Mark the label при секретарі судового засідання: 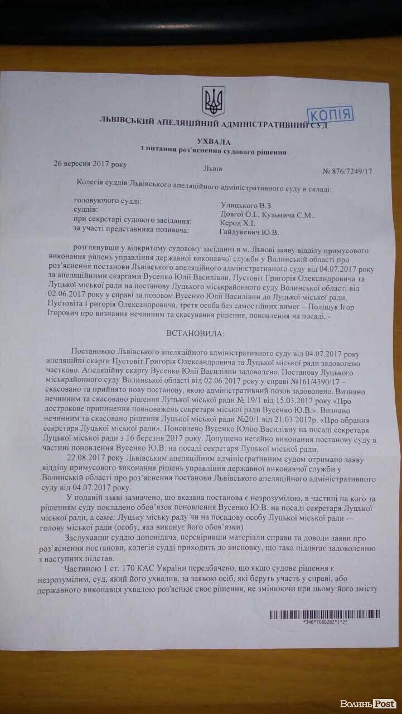click(133, 221)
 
